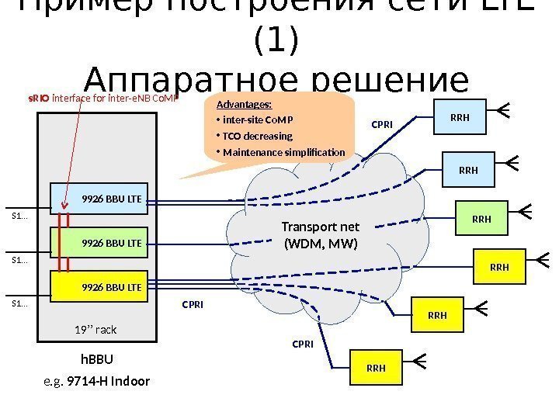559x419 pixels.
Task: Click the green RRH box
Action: tap(481, 219)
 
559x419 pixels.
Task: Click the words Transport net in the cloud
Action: tap(327, 227)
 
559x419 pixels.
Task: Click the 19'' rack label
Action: tap(95, 330)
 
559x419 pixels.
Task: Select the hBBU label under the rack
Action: tap(97, 359)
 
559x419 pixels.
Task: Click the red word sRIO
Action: tap(39, 99)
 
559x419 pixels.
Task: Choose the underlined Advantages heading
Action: tap(244, 105)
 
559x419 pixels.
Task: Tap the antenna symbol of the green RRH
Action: tap(524, 211)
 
